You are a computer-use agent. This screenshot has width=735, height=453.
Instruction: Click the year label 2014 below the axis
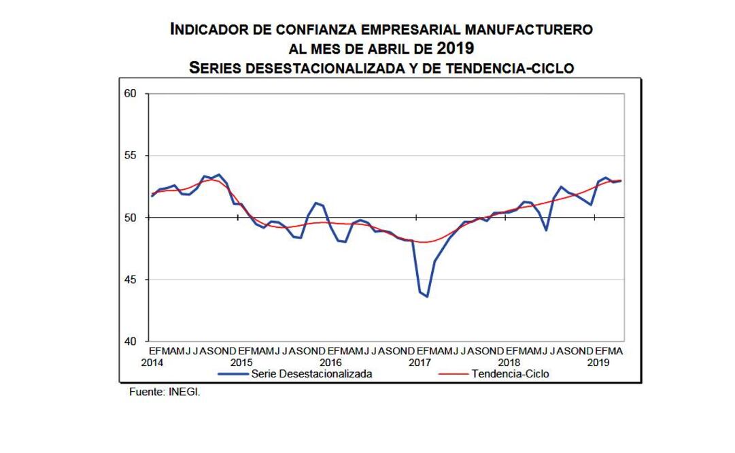pos(152,363)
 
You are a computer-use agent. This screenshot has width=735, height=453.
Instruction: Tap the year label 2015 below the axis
pos(241,363)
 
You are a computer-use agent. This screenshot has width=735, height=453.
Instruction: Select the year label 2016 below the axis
pos(330,363)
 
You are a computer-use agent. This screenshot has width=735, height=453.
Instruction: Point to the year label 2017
pos(420,363)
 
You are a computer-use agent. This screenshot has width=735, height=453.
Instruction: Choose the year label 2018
pos(509,363)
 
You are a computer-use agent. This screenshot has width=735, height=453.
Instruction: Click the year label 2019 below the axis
pos(598,363)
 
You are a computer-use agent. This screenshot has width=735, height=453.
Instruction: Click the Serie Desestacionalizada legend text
pos(311,373)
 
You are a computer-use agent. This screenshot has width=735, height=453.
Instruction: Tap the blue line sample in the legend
pos(233,373)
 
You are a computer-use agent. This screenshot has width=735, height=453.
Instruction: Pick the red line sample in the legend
pos(454,373)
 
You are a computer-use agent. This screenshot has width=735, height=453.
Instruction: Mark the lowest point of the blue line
pos(427,297)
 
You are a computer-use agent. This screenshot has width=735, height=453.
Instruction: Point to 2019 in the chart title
pos(455,48)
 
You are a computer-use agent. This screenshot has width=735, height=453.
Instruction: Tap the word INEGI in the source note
pos(184,393)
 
